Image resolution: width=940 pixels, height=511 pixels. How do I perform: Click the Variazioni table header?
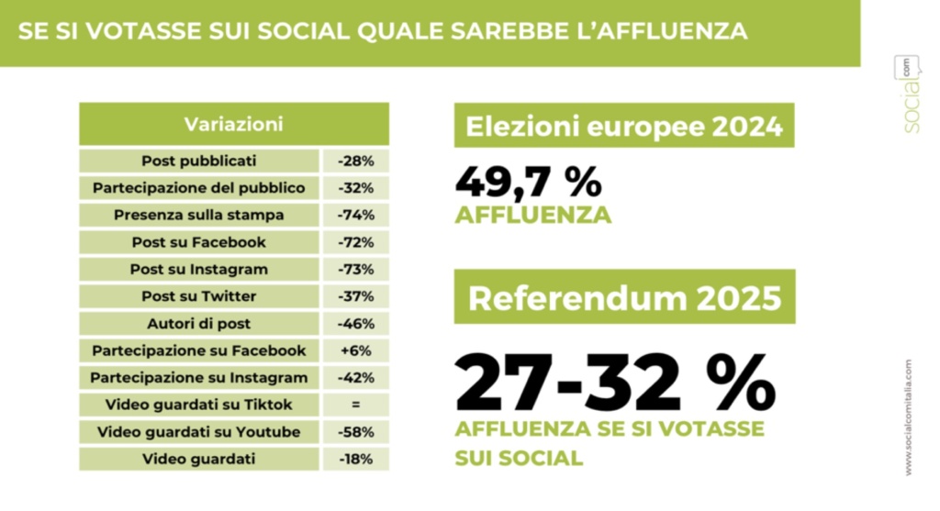click(x=233, y=124)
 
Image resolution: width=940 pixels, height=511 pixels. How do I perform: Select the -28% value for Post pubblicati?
click(x=355, y=161)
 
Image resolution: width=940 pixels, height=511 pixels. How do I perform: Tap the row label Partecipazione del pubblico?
click(x=199, y=188)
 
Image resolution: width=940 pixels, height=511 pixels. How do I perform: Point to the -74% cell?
click(x=355, y=216)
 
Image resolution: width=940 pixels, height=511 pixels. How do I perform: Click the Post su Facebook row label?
click(x=199, y=242)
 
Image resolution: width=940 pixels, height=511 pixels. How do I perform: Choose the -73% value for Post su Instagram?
click(x=355, y=270)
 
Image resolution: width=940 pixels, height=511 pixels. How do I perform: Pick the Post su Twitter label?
click(x=199, y=296)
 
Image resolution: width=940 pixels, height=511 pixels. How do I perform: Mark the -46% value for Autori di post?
click(x=355, y=324)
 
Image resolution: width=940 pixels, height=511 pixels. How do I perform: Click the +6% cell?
click(x=355, y=350)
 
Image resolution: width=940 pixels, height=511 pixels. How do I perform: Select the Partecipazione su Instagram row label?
click(x=199, y=378)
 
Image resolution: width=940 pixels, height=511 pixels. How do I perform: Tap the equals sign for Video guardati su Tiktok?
click(x=355, y=405)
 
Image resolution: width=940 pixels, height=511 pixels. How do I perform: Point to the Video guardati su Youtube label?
click(x=199, y=432)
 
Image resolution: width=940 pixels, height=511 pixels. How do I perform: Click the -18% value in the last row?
click(x=355, y=459)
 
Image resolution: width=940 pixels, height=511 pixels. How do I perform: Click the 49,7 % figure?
click(x=529, y=183)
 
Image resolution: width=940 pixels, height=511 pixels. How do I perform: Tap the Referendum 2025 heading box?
click(x=624, y=297)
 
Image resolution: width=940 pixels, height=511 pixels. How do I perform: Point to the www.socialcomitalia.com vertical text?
click(x=909, y=417)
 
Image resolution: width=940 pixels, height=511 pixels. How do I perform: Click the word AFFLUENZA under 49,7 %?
click(x=532, y=217)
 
